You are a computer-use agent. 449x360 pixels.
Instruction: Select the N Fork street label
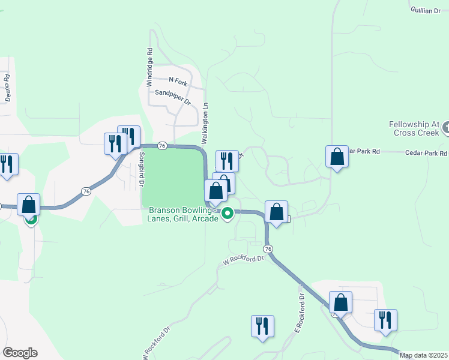click(x=178, y=80)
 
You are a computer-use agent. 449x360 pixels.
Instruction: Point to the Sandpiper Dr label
click(x=172, y=97)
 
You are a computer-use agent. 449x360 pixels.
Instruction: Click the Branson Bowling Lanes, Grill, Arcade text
click(x=183, y=214)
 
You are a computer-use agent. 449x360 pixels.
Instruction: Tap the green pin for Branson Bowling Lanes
click(x=228, y=214)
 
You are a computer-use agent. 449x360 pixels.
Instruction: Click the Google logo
click(x=20, y=353)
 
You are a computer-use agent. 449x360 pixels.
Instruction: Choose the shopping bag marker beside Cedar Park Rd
click(x=337, y=157)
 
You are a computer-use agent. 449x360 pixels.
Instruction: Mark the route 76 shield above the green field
click(x=161, y=145)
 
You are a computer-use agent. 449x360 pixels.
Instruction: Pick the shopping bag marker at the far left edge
click(x=29, y=205)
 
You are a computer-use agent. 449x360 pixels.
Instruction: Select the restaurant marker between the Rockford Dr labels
click(x=262, y=326)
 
